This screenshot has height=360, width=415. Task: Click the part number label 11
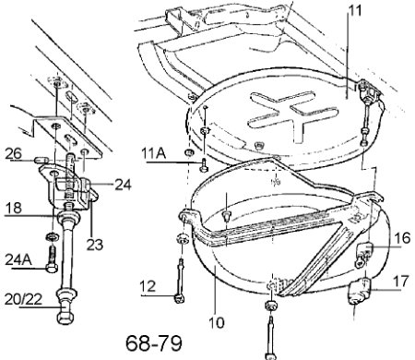click(x=355, y=10)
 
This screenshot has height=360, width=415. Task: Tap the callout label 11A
click(x=154, y=153)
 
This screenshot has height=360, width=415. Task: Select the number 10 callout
click(x=217, y=322)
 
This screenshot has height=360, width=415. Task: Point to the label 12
click(x=148, y=286)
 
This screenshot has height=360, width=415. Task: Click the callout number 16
click(x=402, y=238)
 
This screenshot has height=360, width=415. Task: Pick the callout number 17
click(x=401, y=282)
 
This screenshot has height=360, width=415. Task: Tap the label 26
click(x=14, y=153)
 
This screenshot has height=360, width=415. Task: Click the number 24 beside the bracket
click(x=123, y=185)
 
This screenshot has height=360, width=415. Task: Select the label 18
click(x=14, y=208)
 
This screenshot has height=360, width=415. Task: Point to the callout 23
click(x=95, y=245)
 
